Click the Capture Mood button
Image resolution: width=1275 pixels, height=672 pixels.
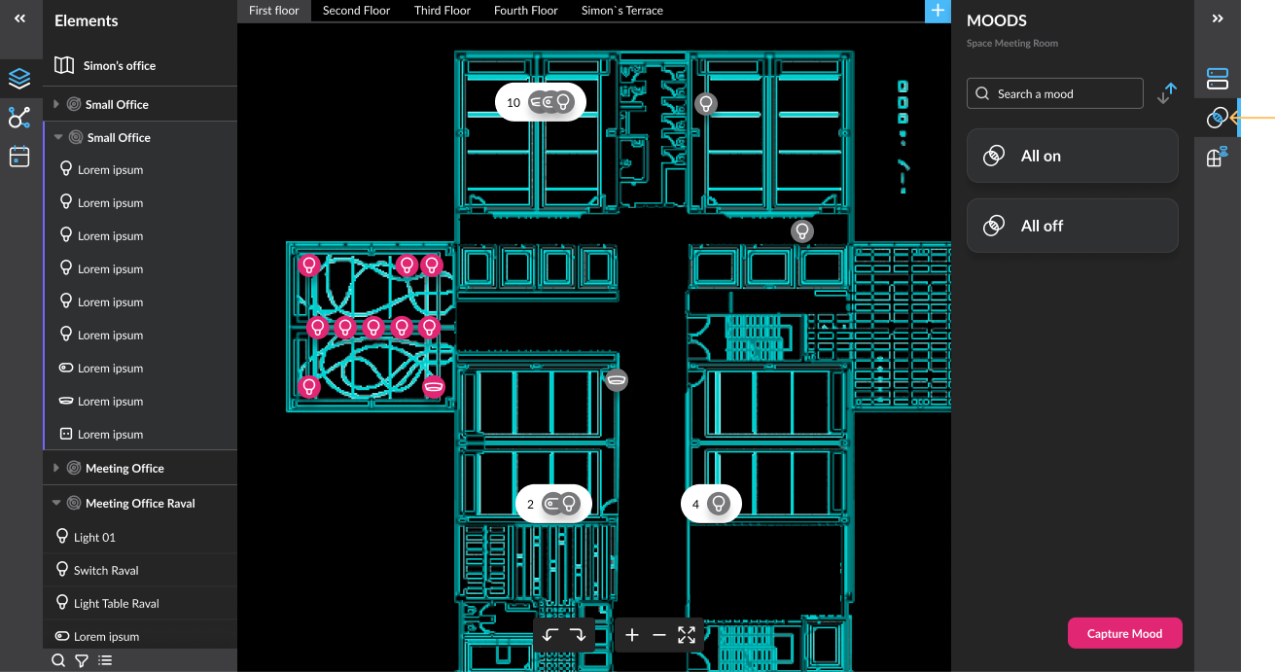pos(1124,633)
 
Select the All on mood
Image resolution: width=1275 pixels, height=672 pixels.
pos(1073,156)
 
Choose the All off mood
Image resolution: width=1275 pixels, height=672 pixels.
pos(1073,226)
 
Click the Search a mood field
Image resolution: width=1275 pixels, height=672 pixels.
pos(1055,93)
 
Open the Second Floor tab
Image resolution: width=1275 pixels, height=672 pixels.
pos(356,11)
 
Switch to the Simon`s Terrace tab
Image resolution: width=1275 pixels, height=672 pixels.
pos(622,11)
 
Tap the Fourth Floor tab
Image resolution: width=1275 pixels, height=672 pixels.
pos(525,11)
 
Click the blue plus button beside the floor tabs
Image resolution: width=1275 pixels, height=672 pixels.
pos(938,11)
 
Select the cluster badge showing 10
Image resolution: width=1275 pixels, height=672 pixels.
pos(540,102)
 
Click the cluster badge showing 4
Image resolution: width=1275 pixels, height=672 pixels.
pos(711,504)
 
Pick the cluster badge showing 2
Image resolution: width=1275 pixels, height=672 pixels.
pos(553,504)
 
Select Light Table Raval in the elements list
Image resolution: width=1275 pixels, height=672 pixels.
pos(116,603)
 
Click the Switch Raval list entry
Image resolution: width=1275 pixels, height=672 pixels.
pos(106,570)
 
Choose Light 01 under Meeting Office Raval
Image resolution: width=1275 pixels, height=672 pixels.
pos(94,537)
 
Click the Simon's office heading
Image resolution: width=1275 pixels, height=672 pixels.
pos(120,65)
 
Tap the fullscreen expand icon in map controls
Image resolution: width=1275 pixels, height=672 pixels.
pos(687,635)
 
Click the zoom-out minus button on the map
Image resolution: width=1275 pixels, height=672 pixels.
pos(659,635)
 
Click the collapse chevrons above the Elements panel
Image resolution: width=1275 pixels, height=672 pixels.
pos(19,18)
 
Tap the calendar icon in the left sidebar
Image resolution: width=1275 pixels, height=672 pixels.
pos(19,157)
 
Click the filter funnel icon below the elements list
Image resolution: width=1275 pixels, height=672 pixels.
pos(82,660)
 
